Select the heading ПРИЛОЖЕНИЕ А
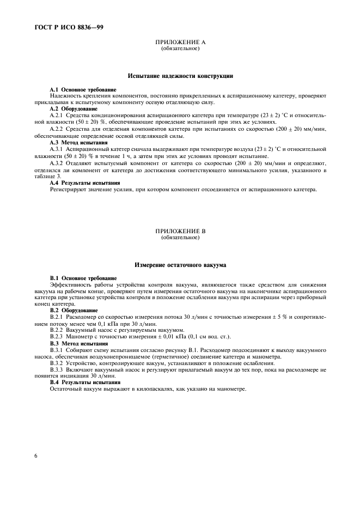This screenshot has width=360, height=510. click(180, 42)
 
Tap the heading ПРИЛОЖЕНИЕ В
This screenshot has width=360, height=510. click(180, 231)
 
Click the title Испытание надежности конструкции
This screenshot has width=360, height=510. click(180, 76)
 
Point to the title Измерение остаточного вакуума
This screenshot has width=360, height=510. click(180, 265)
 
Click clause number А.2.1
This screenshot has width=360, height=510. click(57, 116)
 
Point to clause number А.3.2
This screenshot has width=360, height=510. click(57, 162)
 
